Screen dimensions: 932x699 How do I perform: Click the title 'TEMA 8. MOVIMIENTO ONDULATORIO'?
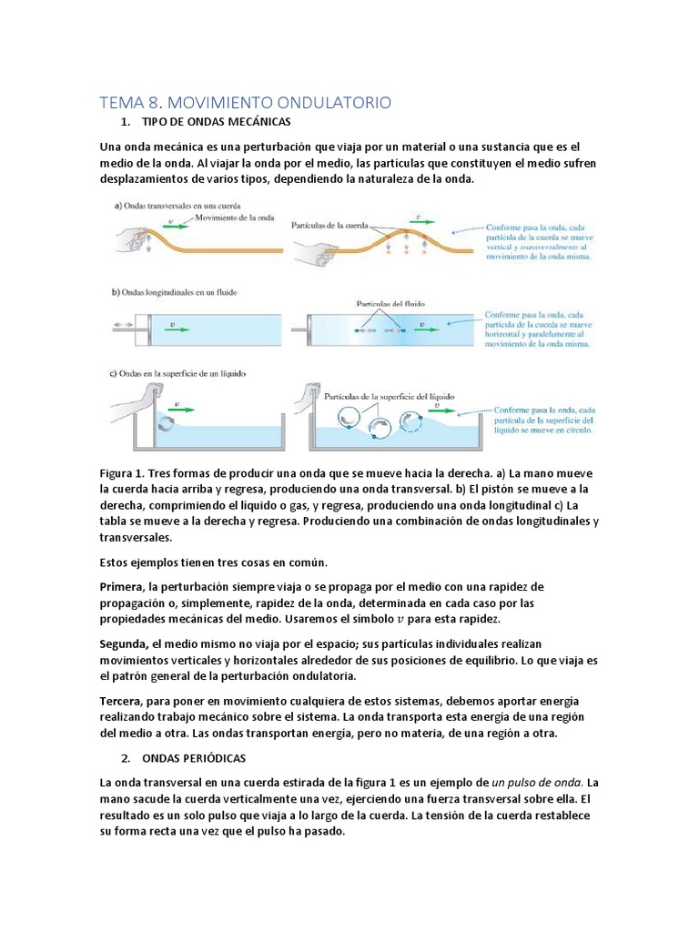pos(245,103)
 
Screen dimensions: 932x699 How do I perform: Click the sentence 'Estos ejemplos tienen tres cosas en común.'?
pos(214,561)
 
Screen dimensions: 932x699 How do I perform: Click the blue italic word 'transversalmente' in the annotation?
pos(545,245)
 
